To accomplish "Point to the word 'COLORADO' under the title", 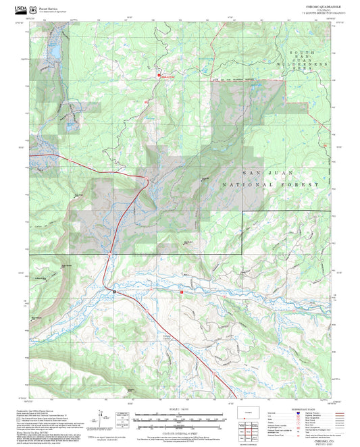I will tap(316, 9).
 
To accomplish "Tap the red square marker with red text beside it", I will tap(159, 76).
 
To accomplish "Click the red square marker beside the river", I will tap(181, 292).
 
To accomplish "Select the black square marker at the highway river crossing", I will tap(115, 292).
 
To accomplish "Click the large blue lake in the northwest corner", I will tap(52, 50).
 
